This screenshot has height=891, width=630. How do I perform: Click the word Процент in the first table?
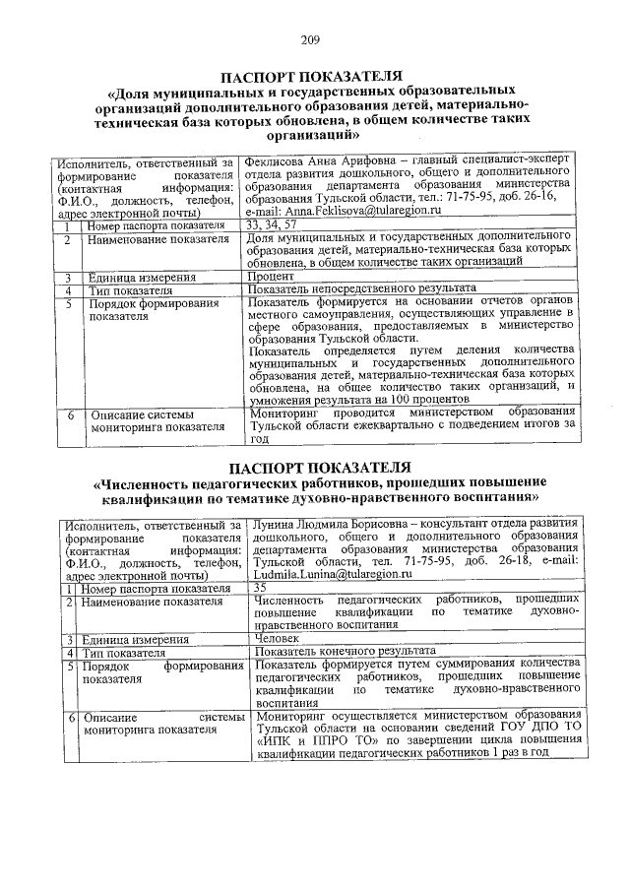(x=270, y=277)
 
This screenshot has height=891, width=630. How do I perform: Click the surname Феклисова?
(x=279, y=160)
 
